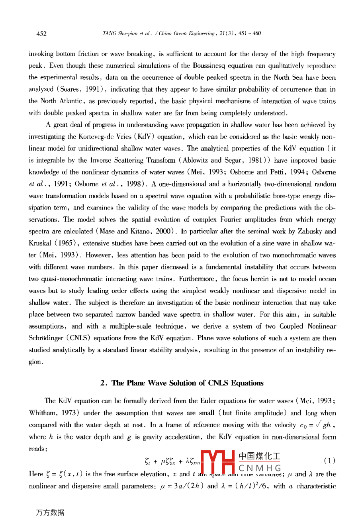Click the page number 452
[x=41, y=33]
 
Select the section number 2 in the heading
[x=103, y=383]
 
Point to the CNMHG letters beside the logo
[x=260, y=468]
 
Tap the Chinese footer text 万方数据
[x=50, y=513]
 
